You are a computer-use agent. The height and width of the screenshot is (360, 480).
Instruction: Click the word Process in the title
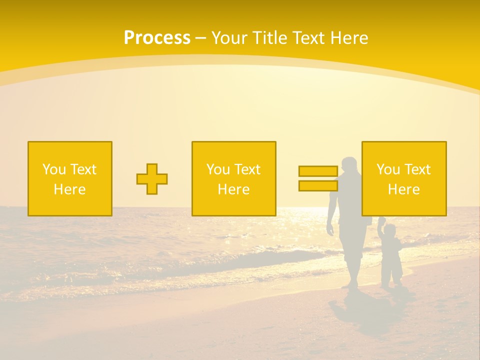[157, 38]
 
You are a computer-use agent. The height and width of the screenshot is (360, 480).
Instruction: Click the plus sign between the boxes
[152, 179]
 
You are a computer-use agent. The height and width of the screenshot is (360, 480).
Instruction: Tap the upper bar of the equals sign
[318, 171]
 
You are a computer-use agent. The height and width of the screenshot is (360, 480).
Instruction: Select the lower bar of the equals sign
[318, 185]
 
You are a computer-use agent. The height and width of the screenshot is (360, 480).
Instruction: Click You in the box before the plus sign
[54, 169]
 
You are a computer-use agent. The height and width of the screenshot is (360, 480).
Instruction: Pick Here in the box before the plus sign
[69, 189]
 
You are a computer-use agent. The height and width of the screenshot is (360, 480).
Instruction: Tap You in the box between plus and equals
[218, 169]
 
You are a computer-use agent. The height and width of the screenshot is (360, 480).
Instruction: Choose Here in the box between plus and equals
[233, 189]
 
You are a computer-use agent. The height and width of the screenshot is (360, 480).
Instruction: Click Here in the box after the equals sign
[403, 189]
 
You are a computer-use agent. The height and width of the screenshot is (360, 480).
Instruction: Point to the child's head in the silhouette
[390, 231]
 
